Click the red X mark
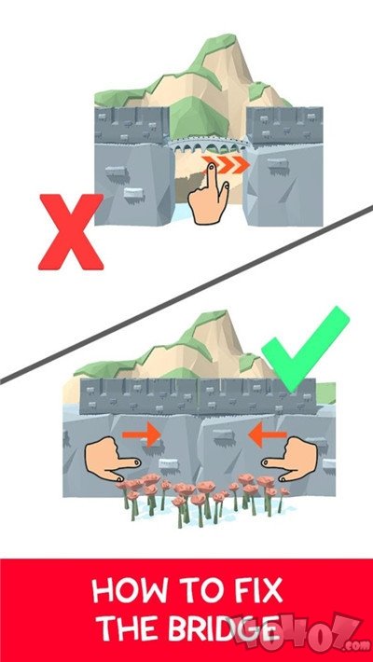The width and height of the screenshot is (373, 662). pyautogui.click(x=71, y=231)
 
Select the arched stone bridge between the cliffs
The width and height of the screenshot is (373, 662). pyautogui.click(x=208, y=145)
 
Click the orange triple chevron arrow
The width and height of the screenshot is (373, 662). pyautogui.click(x=226, y=165)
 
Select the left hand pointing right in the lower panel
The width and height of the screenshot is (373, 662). pyautogui.click(x=111, y=460)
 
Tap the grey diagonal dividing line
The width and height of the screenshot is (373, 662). pyautogui.click(x=186, y=295)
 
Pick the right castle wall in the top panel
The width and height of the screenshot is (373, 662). pyautogui.click(x=284, y=166)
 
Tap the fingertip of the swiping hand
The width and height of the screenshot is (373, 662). pyautogui.click(x=211, y=168)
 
